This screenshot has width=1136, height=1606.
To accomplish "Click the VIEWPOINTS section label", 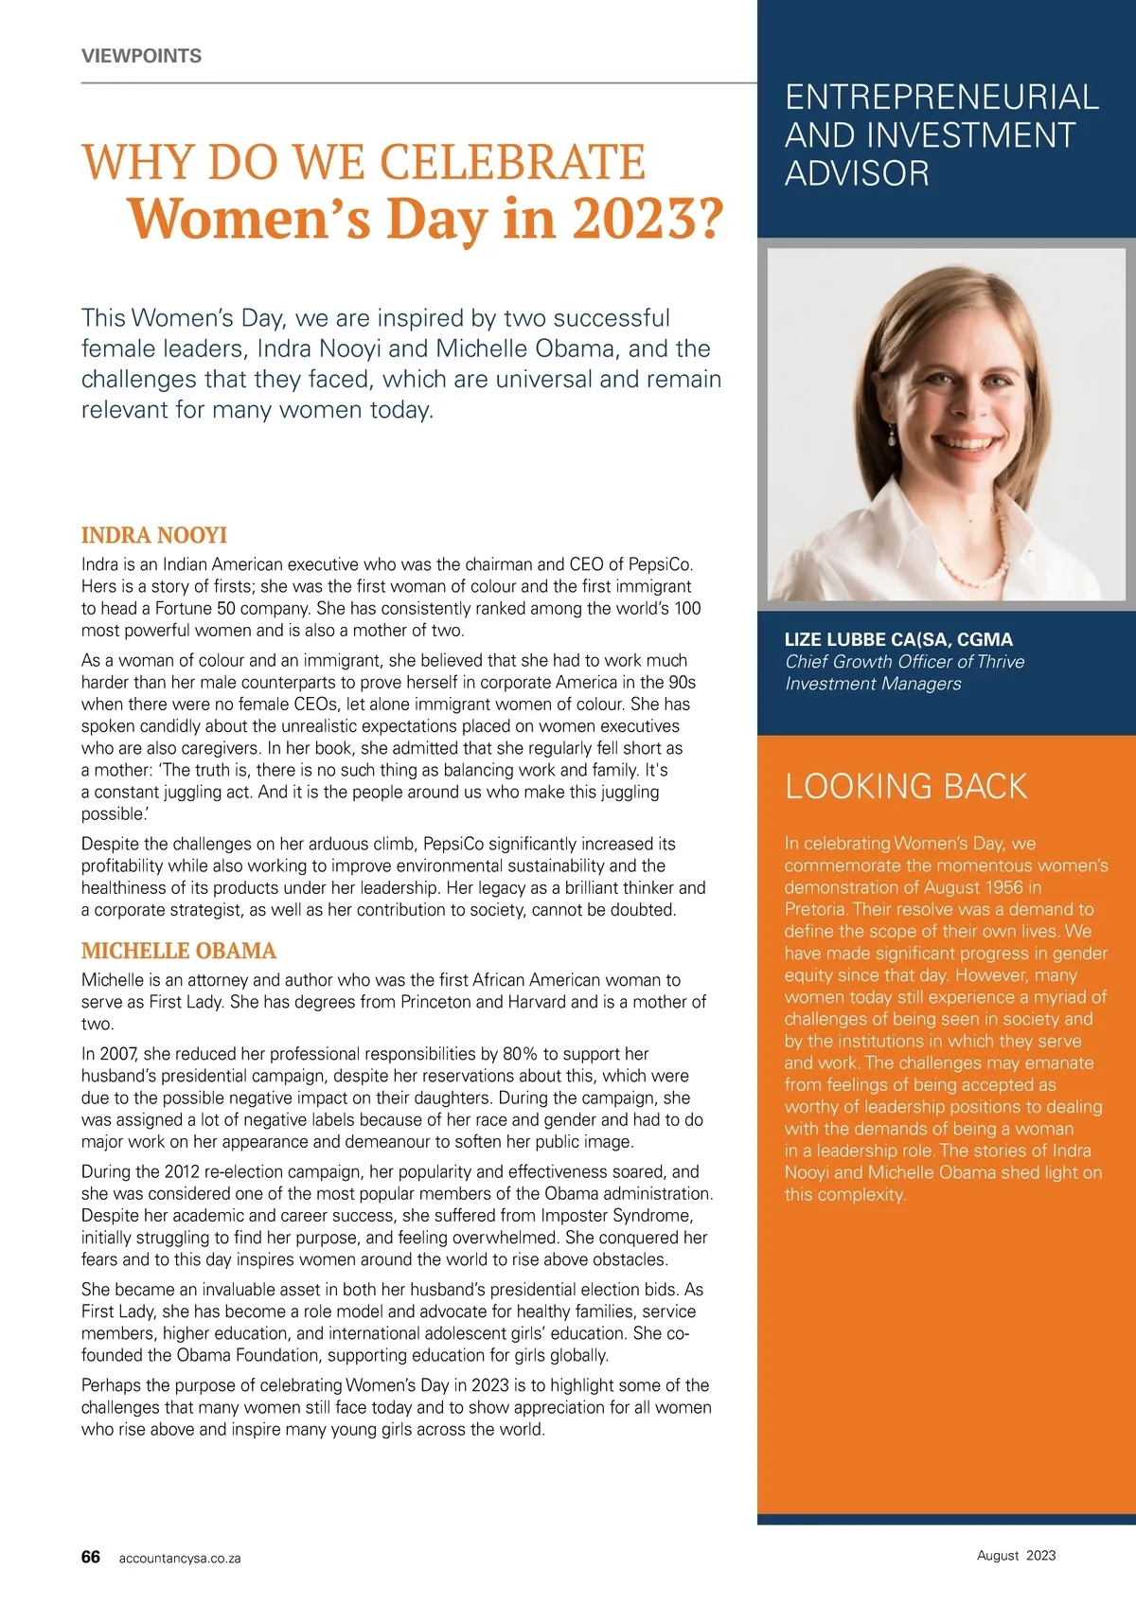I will click(x=141, y=56).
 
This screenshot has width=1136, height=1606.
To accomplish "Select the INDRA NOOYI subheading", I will click(x=153, y=535).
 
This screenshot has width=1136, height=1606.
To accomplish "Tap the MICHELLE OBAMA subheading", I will click(x=178, y=951).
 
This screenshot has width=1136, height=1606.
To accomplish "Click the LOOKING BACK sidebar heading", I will click(x=905, y=786).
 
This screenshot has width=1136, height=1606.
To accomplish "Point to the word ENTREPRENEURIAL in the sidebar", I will click(x=941, y=97).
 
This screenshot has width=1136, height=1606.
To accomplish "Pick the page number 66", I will click(x=91, y=1557).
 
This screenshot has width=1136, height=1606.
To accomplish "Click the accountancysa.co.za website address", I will click(x=180, y=1558).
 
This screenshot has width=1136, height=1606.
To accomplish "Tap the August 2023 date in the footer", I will click(x=1016, y=1555).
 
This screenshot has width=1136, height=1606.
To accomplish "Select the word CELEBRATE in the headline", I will click(x=512, y=163).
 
